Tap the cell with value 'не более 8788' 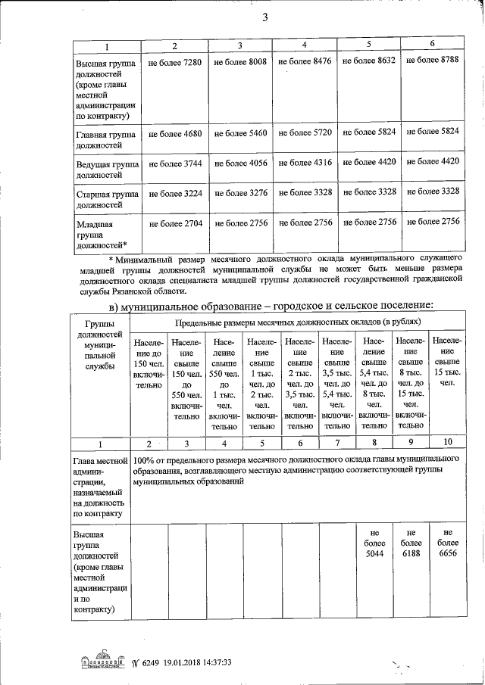point(433,60)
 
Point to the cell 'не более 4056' point(240,162)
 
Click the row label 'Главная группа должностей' point(105,139)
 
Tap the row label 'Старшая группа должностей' point(105,199)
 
